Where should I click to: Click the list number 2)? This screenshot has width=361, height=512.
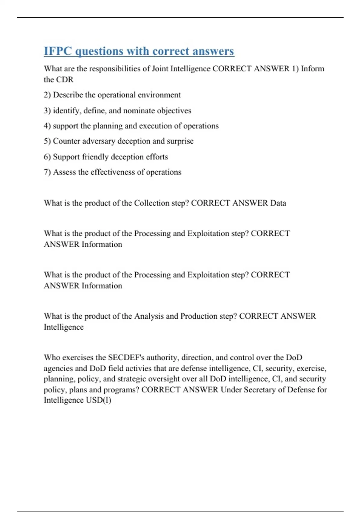click(47, 95)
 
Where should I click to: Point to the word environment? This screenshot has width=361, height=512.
click(159, 95)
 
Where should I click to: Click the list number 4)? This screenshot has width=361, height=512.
click(47, 126)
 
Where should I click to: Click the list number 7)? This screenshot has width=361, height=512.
click(47, 172)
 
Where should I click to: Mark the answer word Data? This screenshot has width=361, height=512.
click(278, 203)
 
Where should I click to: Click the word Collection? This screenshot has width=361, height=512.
click(152, 203)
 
